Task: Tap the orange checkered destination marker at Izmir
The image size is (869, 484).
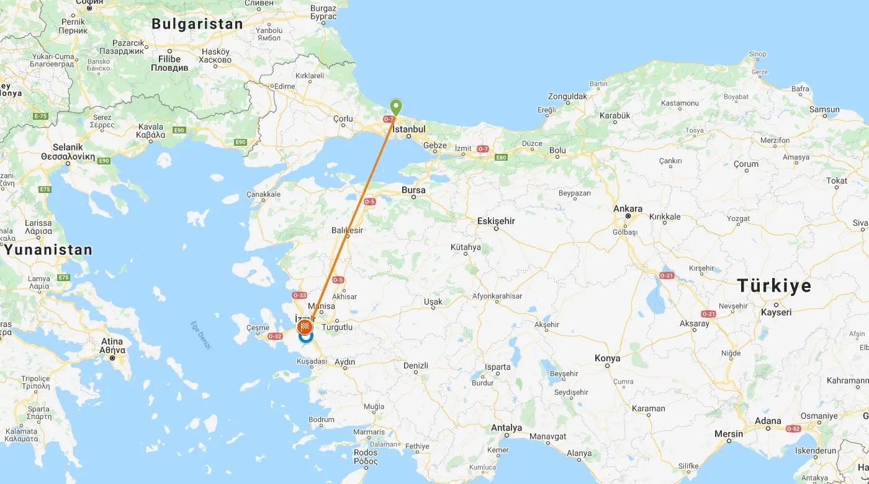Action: pos(305,327)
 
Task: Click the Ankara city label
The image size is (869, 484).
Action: pos(628,209)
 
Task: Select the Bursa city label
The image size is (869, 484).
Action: pos(413,190)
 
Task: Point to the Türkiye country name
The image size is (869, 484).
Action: pos(774,285)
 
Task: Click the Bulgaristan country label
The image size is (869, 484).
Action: pos(197,24)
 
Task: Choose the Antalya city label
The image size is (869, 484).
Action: pos(507,428)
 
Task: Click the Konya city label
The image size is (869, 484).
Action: pos(607,359)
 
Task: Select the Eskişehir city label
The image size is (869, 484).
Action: pos(496,221)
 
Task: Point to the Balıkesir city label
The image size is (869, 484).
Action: pos(347,231)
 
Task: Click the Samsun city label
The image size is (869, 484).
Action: pos(824,110)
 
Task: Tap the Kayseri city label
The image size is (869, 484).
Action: pos(776,313)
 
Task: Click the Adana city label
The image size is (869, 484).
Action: pos(768,421)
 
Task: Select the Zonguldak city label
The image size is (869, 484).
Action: pos(567,97)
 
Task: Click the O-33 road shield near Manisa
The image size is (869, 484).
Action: pos(300,295)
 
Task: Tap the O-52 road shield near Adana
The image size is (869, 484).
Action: pos(794,429)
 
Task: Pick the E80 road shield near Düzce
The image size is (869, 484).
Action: pos(502,158)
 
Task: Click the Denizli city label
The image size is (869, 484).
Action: pos(415,365)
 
